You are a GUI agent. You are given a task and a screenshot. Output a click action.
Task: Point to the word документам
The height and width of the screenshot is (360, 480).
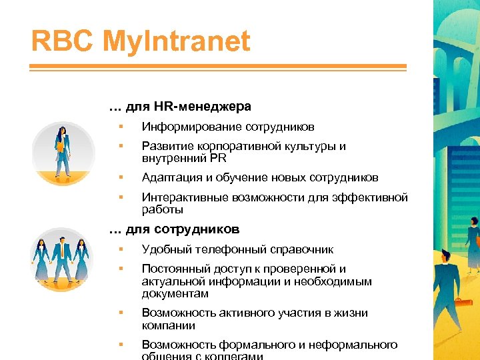point(175,293)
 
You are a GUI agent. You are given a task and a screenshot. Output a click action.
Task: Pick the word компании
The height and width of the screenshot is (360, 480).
point(169,325)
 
